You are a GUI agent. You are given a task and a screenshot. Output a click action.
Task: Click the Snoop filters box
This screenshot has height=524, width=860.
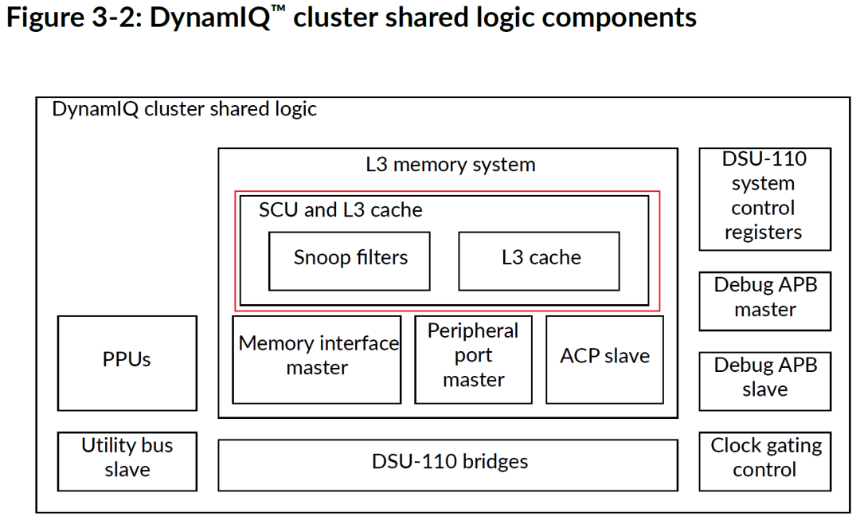350,260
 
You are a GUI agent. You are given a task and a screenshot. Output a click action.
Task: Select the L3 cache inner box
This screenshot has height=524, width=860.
539,260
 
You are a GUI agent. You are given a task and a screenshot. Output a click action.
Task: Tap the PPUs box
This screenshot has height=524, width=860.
127,362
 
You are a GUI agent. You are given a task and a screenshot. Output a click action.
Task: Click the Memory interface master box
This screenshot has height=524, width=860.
317,358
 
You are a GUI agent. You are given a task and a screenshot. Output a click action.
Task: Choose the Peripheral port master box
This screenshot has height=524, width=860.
473,358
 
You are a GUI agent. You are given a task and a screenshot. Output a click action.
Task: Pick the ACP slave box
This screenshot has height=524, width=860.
604,358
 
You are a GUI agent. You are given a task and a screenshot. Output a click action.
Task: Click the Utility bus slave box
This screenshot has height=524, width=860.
127,460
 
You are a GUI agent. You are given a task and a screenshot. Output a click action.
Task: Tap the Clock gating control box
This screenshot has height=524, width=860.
764,460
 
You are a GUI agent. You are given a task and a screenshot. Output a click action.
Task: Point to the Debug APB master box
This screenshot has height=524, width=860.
764,300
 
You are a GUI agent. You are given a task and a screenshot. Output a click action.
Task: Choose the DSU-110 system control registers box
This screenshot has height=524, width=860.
764,198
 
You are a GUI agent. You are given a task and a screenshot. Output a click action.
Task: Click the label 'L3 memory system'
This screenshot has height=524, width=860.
451,166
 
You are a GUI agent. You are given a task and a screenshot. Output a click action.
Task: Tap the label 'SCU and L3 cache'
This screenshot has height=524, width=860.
341,210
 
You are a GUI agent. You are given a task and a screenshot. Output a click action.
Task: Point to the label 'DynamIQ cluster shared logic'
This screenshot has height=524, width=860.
184,110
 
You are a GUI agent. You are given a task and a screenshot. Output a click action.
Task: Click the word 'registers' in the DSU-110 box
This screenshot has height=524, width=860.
764,233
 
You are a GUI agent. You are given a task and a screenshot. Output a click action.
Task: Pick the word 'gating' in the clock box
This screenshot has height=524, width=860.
792,447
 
